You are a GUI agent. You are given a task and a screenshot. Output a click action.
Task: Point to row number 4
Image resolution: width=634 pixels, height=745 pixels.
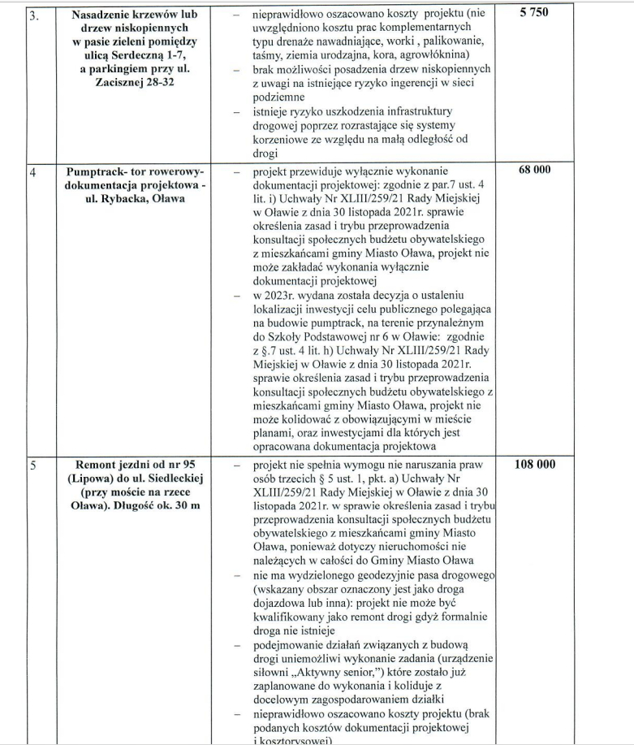pos(32,172)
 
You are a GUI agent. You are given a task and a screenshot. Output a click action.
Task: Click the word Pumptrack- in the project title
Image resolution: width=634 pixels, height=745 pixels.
pos(97,173)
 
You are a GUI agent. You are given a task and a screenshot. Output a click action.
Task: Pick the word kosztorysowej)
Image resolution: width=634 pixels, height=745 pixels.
pos(295,740)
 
